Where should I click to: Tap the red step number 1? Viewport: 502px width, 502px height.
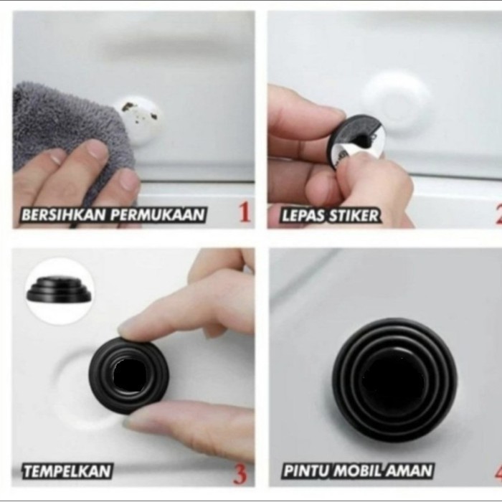click(245, 213)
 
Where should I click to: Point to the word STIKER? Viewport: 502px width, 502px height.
click(354, 215)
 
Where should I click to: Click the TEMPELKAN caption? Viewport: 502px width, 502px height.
click(67, 471)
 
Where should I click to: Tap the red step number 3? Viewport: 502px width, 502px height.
click(240, 473)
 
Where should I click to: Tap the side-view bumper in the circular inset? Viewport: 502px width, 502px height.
click(59, 290)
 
